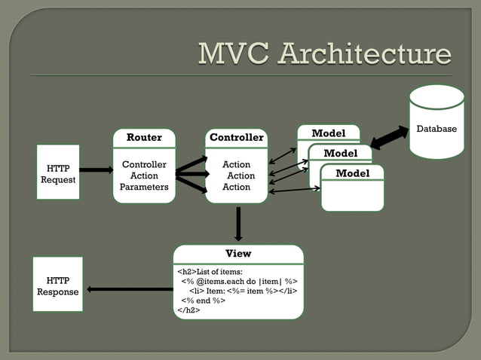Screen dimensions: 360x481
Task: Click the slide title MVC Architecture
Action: click(x=324, y=54)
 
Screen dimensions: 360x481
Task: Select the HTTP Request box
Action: click(x=58, y=172)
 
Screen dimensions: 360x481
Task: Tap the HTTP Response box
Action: click(x=57, y=285)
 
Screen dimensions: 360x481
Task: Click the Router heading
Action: click(x=143, y=138)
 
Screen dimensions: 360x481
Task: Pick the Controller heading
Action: click(x=236, y=138)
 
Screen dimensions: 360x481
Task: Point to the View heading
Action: click(x=238, y=254)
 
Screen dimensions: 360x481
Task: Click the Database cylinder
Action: click(x=437, y=123)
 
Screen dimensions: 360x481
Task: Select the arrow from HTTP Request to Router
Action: click(x=96, y=170)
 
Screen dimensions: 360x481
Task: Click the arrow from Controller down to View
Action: click(x=238, y=223)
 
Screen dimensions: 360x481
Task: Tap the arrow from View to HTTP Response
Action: click(x=129, y=289)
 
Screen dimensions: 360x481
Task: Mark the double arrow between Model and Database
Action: click(x=389, y=138)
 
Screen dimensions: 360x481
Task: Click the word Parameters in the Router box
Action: click(x=144, y=188)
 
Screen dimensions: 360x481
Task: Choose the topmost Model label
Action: click(x=328, y=133)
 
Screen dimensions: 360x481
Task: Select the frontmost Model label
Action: click(x=352, y=173)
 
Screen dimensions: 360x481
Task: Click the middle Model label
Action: click(x=340, y=154)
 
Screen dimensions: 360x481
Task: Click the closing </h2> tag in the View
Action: click(x=188, y=309)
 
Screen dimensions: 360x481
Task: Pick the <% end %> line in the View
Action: click(x=203, y=300)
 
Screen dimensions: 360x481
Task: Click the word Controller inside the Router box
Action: click(x=144, y=164)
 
